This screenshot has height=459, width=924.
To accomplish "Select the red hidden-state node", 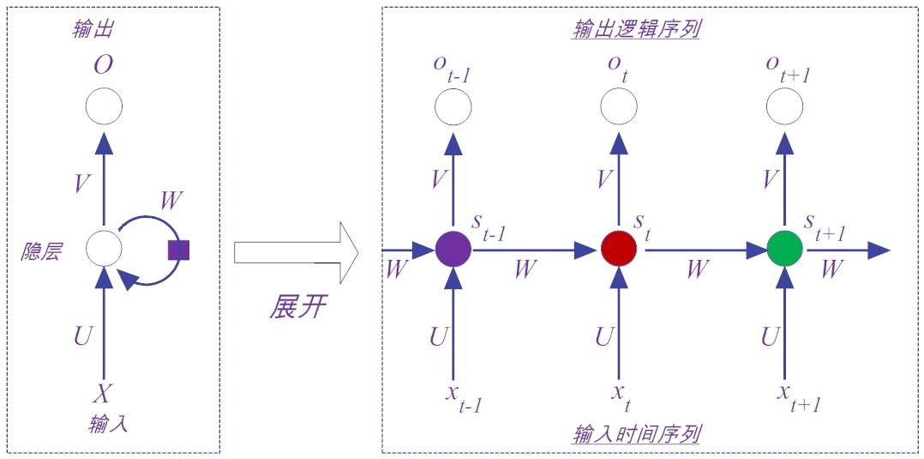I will click(618, 250).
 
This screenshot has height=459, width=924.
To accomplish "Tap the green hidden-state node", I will click(784, 250).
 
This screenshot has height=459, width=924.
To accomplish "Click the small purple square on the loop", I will click(178, 250).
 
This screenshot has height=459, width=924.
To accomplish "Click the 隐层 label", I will click(42, 253).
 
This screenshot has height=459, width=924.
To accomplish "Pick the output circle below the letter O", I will click(104, 107).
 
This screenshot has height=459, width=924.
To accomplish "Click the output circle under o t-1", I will click(453, 107).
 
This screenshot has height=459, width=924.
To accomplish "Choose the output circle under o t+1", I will click(784, 107).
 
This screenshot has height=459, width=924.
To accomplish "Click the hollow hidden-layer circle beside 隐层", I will click(104, 250).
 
